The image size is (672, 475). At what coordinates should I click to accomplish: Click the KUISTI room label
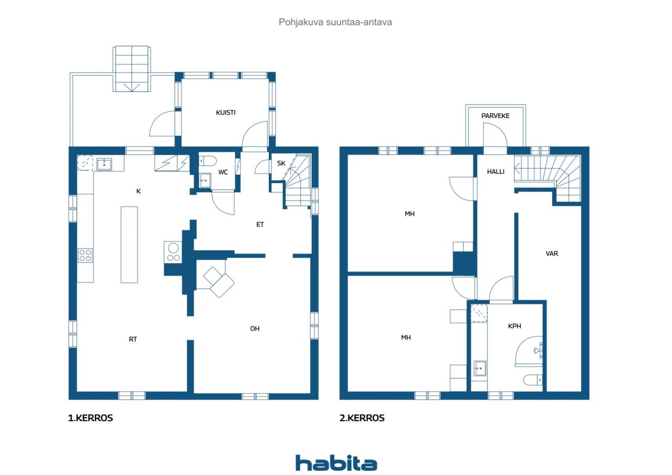tap(225, 112)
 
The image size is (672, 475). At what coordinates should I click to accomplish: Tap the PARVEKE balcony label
tap(495, 116)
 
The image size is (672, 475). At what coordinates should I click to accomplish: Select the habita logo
tap(336, 463)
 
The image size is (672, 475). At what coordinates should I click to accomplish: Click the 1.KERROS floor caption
tap(91, 418)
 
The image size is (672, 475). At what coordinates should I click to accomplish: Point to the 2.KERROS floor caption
tap(362, 418)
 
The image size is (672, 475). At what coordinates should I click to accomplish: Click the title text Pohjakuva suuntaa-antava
tap(335, 23)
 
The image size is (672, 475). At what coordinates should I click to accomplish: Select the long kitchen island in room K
tap(129, 245)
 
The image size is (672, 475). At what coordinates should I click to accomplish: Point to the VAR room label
tap(552, 254)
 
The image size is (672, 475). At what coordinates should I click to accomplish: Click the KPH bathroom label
tap(514, 326)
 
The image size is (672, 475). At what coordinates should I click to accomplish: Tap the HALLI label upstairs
tap(496, 171)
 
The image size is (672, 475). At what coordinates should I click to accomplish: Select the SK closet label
tap(281, 163)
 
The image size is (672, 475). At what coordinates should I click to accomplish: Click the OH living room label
tap(255, 329)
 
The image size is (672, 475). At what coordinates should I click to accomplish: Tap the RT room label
tap(133, 339)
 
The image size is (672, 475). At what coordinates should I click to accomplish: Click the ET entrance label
tap(260, 224)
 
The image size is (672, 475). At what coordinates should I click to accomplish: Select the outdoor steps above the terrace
tap(132, 68)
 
